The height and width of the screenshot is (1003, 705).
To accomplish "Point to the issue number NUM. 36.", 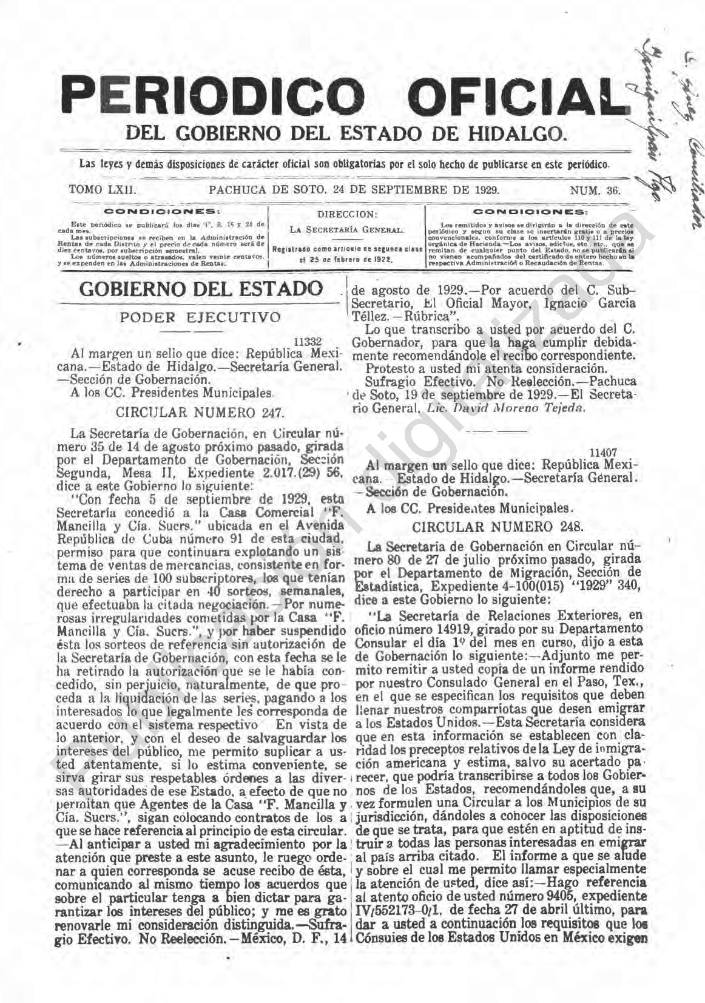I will click(595, 191).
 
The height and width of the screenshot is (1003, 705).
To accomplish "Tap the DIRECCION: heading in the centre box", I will click(346, 214).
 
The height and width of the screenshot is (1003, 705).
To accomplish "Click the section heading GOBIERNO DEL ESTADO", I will click(201, 289).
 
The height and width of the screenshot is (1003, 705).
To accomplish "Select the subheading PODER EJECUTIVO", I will click(200, 317).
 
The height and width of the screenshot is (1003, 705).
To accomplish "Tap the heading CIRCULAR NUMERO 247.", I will click(200, 413).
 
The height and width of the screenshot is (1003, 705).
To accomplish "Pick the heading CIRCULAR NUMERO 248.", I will click(497, 525).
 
